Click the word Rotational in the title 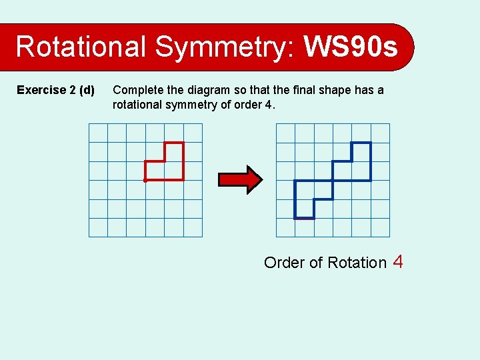tap(81, 47)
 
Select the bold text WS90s tap(350, 47)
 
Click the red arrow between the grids tap(241, 179)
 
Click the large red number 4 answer tap(398, 261)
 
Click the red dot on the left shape tap(145, 180)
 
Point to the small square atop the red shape tap(174, 152)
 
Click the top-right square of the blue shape tap(361, 152)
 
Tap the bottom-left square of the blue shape tap(304, 209)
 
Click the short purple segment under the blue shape tap(304, 219)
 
